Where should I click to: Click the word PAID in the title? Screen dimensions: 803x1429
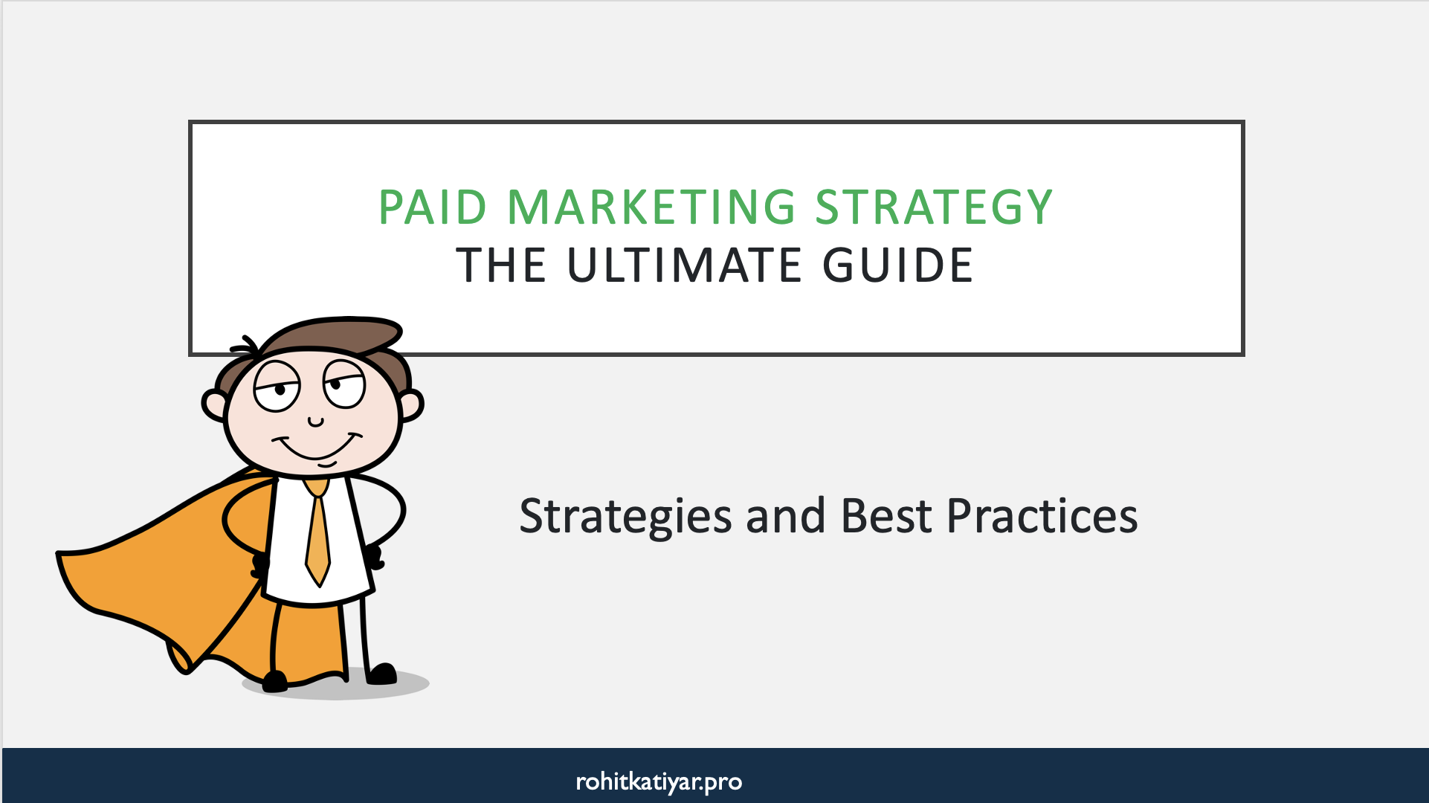433,207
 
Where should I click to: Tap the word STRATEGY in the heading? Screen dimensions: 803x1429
934,207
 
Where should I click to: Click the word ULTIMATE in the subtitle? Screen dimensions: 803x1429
685,265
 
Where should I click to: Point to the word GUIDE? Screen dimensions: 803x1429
898,265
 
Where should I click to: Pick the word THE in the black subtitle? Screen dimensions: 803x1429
502,265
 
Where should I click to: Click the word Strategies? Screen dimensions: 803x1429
625,516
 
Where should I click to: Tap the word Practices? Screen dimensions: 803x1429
1042,516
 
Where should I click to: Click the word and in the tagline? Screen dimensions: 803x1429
785,516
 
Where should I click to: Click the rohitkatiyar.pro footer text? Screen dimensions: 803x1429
659,781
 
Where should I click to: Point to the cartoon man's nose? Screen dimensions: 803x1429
316,422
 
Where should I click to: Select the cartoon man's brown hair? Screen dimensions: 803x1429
335,335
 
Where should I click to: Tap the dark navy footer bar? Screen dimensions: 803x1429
1041,777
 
